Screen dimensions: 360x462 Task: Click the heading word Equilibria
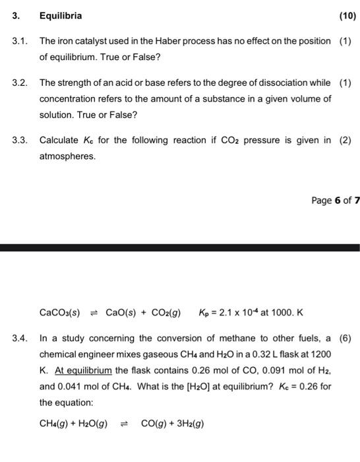(x=61, y=15)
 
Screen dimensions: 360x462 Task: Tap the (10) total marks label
(x=347, y=15)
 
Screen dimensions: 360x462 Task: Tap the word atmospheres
(x=67, y=156)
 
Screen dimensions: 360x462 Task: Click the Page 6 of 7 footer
(x=335, y=200)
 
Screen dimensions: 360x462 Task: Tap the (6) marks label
(x=345, y=339)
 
